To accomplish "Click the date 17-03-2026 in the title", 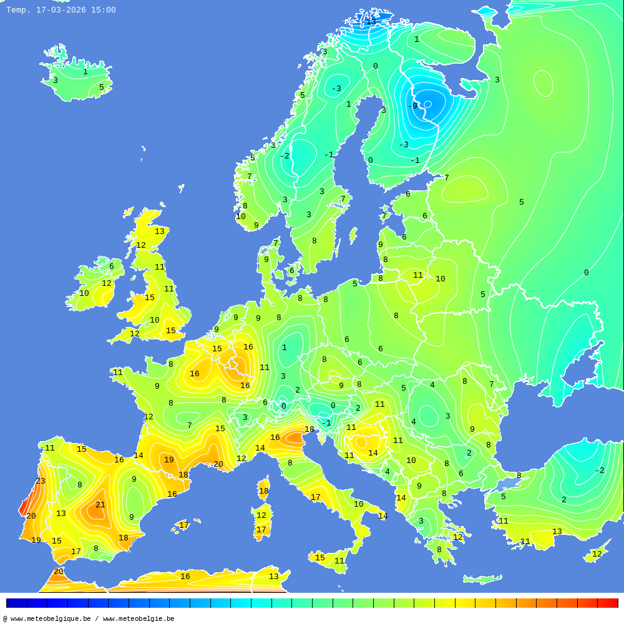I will [61, 10].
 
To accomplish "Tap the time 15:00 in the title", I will [103, 10].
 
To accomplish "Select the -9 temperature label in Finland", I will [412, 106].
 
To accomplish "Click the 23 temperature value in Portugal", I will [41, 481].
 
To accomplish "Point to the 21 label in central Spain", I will [100, 505].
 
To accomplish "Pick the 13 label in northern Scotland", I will [160, 232].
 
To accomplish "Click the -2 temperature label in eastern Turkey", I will [600, 470].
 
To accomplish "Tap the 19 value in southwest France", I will [168, 460].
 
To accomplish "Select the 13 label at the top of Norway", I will [371, 22].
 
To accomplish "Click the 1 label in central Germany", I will [284, 348].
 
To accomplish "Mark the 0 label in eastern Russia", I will [586, 273].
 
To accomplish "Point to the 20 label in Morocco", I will [59, 572].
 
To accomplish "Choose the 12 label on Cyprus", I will [597, 554].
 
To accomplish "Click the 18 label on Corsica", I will [264, 491].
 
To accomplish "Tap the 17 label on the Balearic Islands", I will [184, 525].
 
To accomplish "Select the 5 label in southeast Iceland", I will [101, 87].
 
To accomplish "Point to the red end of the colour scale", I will [608, 603].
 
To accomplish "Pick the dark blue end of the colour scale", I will [16, 603].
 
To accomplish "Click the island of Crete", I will [482, 580].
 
